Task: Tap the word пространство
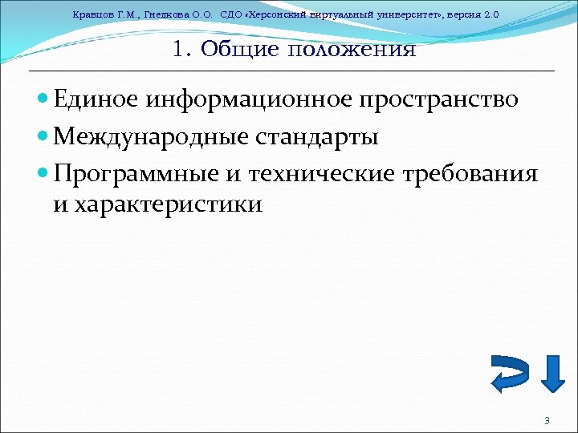[438, 99]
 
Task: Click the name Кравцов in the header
[91, 14]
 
